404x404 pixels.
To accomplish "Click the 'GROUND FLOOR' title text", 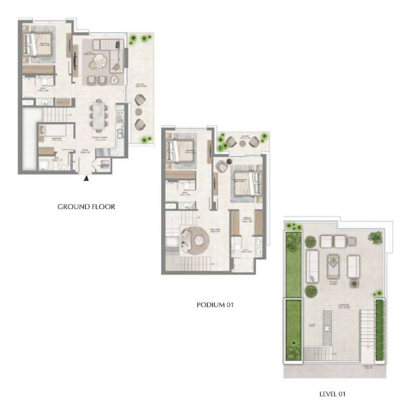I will (86, 207).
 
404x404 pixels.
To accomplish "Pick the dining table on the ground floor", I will (98, 116).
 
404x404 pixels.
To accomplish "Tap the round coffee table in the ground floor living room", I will (99, 62).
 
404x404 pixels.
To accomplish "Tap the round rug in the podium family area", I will (195, 240).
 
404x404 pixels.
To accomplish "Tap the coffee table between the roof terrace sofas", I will (334, 264).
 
